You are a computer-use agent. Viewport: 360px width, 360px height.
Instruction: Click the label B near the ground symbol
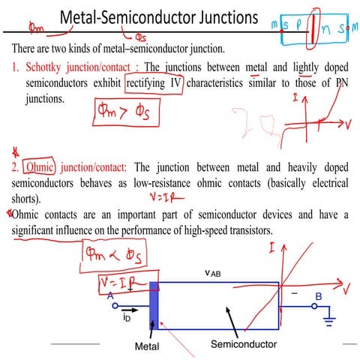pos(318,296)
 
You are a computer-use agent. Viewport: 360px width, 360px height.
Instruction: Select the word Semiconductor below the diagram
pos(243,344)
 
